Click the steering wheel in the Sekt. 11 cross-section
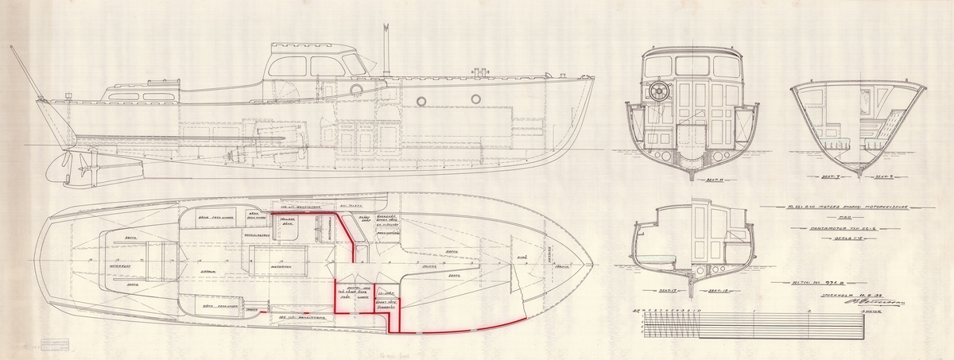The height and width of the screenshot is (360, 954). [659, 93]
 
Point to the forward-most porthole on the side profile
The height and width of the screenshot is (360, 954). [475, 99]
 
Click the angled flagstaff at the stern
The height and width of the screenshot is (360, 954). [24, 72]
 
